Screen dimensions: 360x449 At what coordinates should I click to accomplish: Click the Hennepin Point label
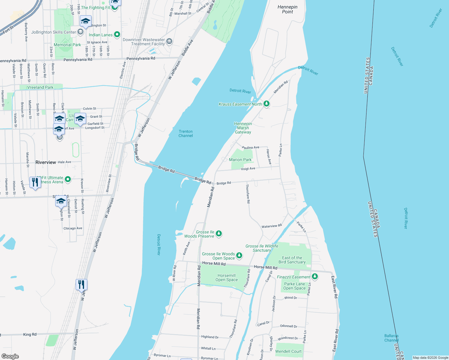(287, 9)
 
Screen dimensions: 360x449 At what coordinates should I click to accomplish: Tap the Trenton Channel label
(185, 133)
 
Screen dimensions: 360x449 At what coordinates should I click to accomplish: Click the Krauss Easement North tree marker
(266, 104)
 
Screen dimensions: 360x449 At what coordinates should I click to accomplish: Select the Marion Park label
(240, 160)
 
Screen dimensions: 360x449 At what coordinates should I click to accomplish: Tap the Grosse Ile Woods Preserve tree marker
(219, 233)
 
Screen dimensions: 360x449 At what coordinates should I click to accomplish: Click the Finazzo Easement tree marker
(315, 277)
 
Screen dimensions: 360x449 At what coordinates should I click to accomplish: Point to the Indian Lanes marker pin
(117, 35)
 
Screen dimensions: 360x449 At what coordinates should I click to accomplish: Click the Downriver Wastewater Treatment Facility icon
(169, 41)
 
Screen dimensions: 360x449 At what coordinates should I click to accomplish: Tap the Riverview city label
(46, 162)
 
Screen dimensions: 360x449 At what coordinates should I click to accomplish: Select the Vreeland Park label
(40, 87)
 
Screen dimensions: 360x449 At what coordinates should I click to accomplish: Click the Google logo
(10, 356)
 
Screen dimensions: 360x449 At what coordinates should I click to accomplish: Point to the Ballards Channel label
(391, 338)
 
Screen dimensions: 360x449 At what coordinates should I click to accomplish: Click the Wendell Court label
(288, 351)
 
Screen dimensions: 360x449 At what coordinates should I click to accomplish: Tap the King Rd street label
(30, 334)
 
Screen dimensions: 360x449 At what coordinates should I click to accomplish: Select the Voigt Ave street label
(248, 169)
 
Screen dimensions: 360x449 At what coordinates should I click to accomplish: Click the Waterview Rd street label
(272, 226)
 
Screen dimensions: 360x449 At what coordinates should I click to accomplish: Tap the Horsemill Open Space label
(226, 277)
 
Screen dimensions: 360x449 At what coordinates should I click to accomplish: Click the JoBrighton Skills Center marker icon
(80, 32)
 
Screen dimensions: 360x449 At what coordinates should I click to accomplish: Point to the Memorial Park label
(67, 45)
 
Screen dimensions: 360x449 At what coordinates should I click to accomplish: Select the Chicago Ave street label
(73, 228)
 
